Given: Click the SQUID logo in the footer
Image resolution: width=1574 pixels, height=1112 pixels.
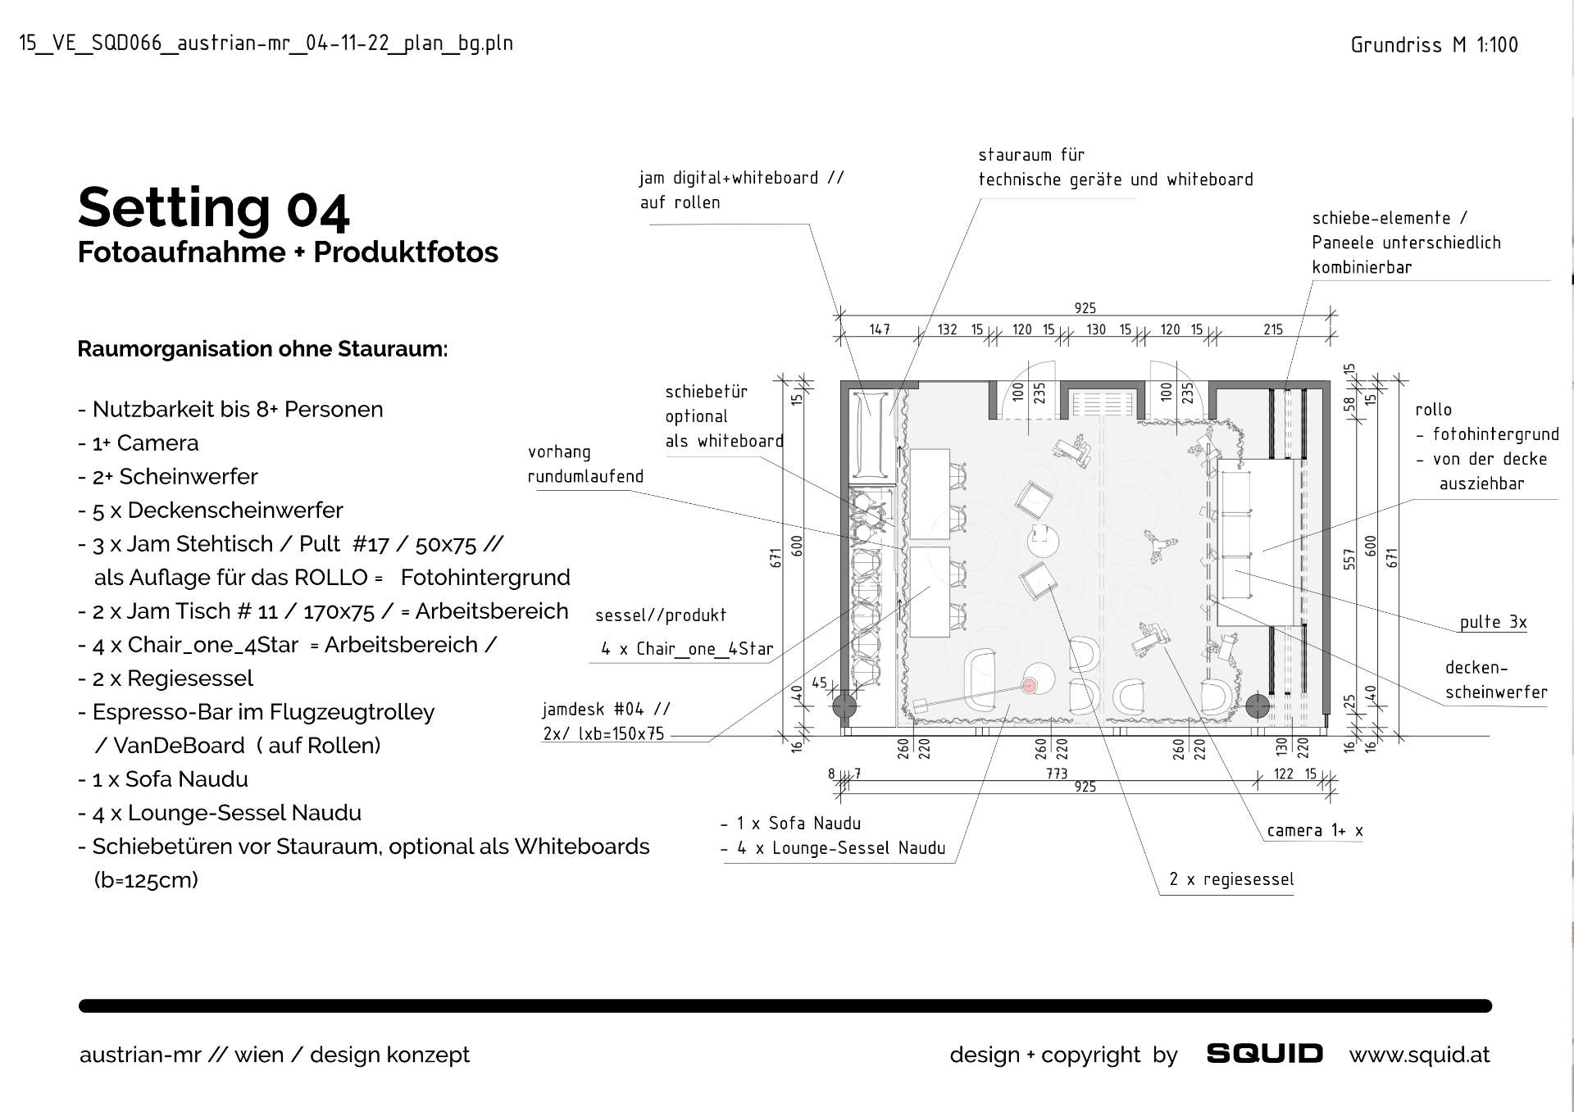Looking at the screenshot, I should (x=1264, y=1054).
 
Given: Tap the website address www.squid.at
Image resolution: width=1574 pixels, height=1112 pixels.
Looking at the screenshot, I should (x=1419, y=1055).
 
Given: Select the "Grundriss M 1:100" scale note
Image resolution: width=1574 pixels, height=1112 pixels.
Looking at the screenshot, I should (x=1434, y=45).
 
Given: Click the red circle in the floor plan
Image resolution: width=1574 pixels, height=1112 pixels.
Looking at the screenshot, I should (x=1030, y=685).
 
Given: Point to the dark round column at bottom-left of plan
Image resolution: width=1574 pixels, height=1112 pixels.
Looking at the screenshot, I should (x=844, y=706).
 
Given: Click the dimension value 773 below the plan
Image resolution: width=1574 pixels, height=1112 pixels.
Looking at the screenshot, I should (x=1057, y=773).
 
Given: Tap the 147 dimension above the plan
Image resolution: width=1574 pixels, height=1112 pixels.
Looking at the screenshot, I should (x=879, y=329).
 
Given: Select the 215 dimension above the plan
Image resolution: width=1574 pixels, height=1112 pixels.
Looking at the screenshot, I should (x=1272, y=329).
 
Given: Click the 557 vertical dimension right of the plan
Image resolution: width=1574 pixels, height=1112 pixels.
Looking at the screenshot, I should (x=1349, y=559).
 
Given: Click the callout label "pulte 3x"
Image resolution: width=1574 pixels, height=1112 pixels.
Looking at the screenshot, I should (x=1493, y=622).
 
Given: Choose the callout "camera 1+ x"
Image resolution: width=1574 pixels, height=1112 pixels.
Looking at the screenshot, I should (x=1314, y=831).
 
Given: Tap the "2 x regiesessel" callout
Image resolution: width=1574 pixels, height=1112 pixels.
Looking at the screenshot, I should (x=1231, y=879).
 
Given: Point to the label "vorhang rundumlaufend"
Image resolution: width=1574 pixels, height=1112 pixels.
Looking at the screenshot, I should (x=585, y=464).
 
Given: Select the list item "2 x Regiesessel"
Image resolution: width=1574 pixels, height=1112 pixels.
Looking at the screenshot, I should (x=172, y=679).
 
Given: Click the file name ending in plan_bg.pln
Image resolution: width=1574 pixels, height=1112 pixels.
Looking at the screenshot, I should (x=266, y=43).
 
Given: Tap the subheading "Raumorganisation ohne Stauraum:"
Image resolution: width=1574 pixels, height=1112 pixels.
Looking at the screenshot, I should (x=262, y=349).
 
